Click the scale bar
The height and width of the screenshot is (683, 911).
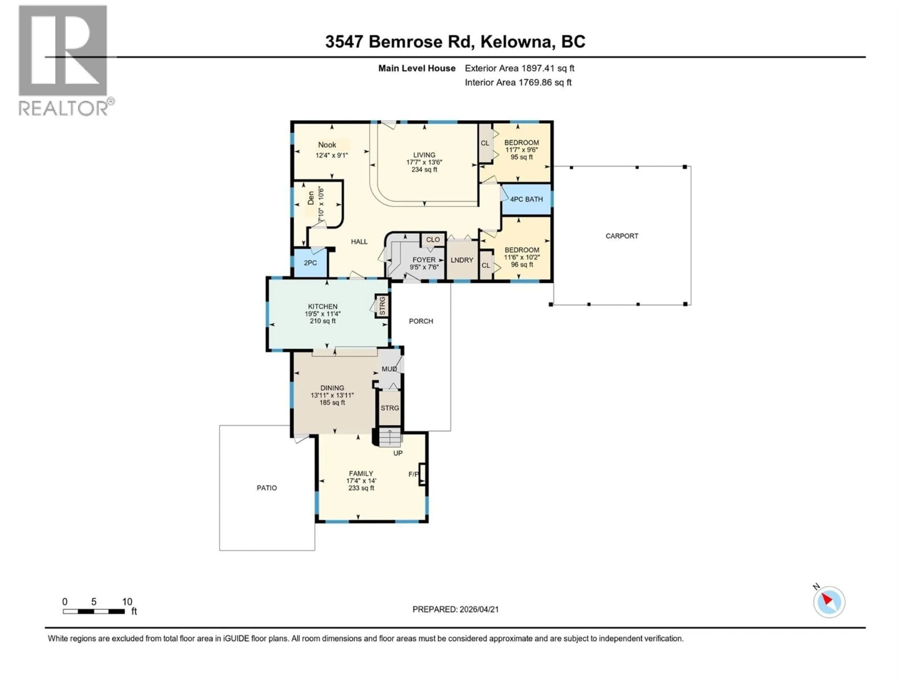94,611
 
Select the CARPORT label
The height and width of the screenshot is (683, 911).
622,236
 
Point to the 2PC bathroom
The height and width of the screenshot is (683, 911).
310,263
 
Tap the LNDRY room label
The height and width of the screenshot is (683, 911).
462,260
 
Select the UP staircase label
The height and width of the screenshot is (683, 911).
397,453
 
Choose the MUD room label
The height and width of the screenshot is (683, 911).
389,369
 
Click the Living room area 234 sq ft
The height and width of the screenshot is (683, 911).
424,170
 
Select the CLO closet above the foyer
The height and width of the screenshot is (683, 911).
432,240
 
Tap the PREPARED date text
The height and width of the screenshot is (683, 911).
455,609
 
